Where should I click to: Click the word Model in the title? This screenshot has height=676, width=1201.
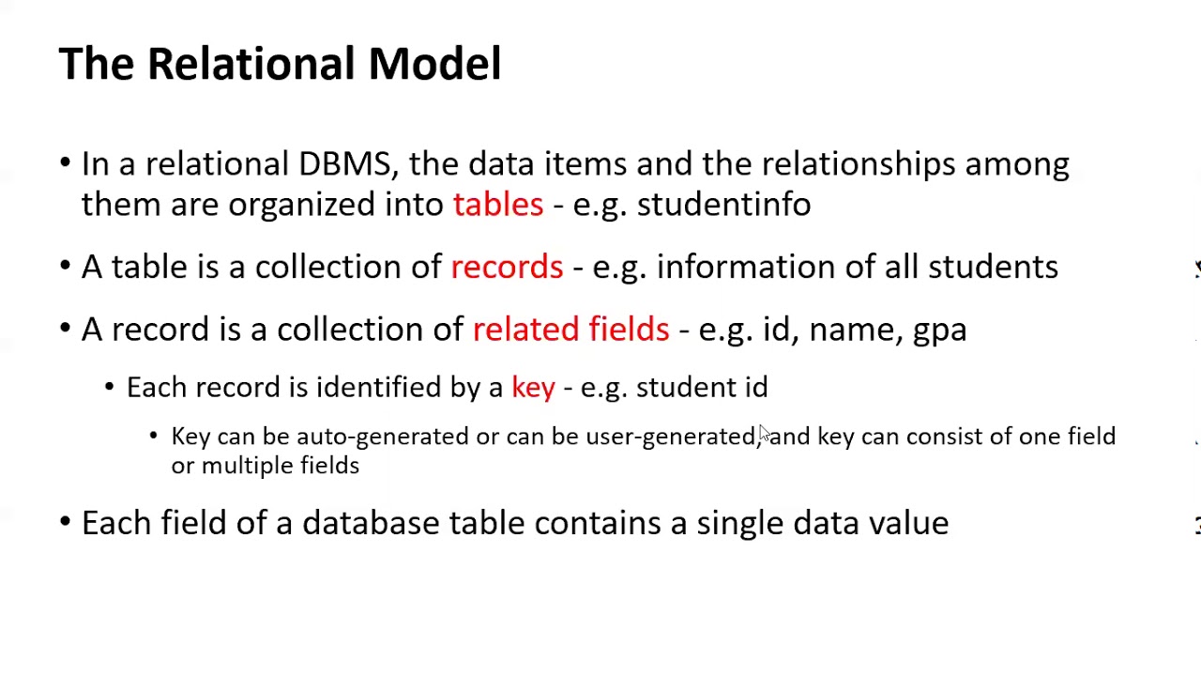434,64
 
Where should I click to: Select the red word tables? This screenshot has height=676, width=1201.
498,205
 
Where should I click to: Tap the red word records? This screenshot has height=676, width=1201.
507,268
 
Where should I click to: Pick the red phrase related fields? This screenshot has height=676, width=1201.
570,330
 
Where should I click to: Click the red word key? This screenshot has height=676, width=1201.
533,388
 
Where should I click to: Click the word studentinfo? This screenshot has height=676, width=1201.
723,205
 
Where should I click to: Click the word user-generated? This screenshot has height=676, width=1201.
670,437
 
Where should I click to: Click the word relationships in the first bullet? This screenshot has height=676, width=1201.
858,164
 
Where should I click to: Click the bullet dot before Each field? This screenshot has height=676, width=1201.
65,523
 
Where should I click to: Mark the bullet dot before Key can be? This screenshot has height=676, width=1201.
154,437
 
